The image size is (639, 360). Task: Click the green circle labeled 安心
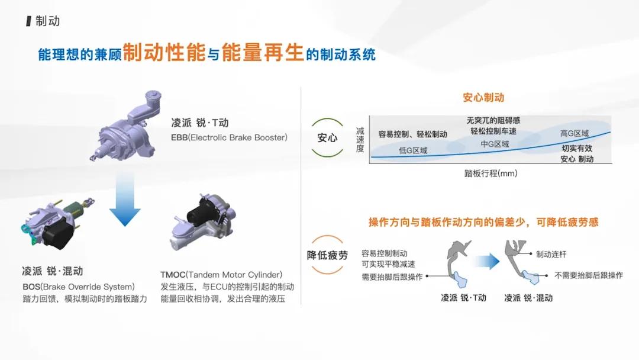point(327,137)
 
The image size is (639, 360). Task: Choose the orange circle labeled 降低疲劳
point(327,255)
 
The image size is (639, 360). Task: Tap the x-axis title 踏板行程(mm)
point(490,174)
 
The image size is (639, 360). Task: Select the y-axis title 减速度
point(360,140)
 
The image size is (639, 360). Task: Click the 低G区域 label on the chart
point(413,150)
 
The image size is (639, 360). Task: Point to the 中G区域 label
point(494,143)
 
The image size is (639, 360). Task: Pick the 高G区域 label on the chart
point(575,134)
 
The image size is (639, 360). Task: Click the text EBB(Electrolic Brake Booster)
point(229,138)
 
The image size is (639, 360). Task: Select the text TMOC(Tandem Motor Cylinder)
point(221,275)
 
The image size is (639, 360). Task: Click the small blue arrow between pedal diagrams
point(486,261)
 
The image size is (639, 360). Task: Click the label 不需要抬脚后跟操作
point(589,275)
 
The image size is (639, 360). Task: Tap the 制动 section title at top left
point(47,21)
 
